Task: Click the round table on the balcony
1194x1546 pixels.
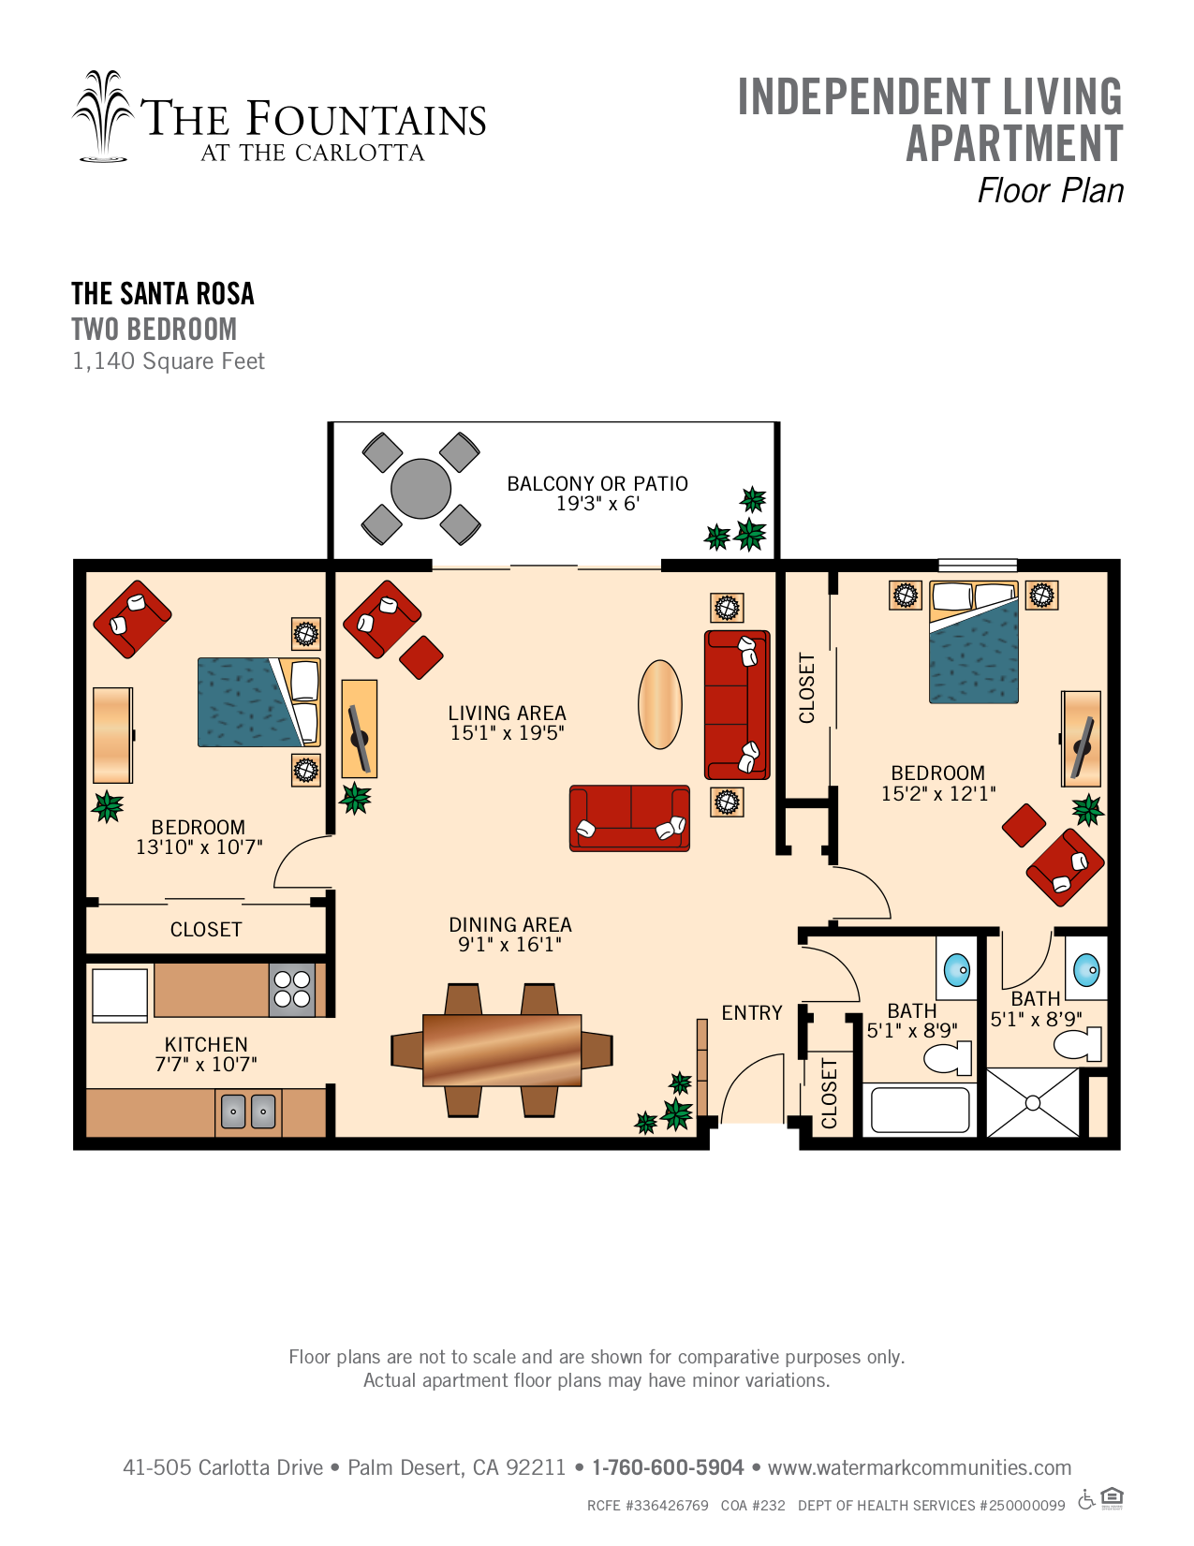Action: click(x=420, y=489)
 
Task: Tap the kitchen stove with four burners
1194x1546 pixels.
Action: click(x=292, y=989)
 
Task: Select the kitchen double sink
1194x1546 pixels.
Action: click(x=248, y=1112)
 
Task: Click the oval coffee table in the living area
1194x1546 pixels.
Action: click(x=659, y=704)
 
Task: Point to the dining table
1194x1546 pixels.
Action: click(x=502, y=1050)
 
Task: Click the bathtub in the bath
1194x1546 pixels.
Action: click(x=920, y=1109)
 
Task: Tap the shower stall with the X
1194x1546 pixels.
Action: click(x=1033, y=1103)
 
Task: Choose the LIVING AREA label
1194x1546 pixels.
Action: click(x=507, y=713)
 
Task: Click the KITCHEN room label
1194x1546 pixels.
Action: click(x=206, y=1044)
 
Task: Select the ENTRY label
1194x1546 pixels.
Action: click(x=751, y=1012)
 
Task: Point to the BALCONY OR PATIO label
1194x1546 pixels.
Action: click(x=597, y=484)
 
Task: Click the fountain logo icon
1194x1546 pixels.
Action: click(x=103, y=116)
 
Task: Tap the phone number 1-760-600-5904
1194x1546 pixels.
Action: click(x=668, y=1467)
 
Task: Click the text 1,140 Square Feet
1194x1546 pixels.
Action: click(x=168, y=361)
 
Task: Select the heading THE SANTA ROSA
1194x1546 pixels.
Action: click(x=162, y=293)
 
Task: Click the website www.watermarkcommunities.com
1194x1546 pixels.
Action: click(x=920, y=1467)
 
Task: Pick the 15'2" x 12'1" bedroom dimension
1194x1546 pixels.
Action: click(x=937, y=793)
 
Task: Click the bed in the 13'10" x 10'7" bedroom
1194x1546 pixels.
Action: click(x=259, y=702)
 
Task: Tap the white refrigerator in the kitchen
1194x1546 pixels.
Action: click(x=120, y=994)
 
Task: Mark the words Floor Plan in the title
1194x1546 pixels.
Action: click(x=1051, y=190)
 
